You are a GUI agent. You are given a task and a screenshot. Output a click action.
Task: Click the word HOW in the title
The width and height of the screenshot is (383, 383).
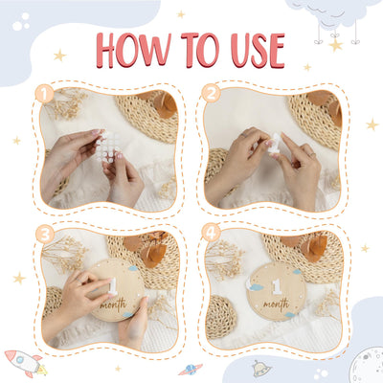(x=134, y=50)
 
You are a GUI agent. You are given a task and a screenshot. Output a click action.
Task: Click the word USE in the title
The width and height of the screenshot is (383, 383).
(x=258, y=51)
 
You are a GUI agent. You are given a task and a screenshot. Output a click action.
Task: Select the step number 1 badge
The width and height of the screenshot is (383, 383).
(x=44, y=94)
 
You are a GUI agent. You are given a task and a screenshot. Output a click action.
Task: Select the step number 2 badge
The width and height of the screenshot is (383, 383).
(x=211, y=93)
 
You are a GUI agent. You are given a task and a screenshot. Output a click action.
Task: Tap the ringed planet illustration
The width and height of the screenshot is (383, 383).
(x=191, y=370)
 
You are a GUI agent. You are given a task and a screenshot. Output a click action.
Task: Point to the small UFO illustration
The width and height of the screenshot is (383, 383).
(x=261, y=368)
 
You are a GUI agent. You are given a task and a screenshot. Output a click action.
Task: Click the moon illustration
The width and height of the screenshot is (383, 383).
(x=366, y=366)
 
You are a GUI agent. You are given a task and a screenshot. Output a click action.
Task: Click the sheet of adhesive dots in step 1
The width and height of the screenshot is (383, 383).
(x=108, y=147)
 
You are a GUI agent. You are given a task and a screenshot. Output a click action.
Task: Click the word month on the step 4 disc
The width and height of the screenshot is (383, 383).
(x=277, y=304)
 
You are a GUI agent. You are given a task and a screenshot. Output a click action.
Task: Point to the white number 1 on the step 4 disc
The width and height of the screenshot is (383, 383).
(x=277, y=286)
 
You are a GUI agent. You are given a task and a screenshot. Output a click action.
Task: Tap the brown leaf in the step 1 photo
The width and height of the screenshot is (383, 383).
(x=165, y=104)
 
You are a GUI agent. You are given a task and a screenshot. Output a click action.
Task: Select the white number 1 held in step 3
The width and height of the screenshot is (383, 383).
(x=112, y=286)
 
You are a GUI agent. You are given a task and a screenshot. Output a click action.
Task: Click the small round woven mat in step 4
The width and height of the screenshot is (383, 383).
(x=221, y=317)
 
